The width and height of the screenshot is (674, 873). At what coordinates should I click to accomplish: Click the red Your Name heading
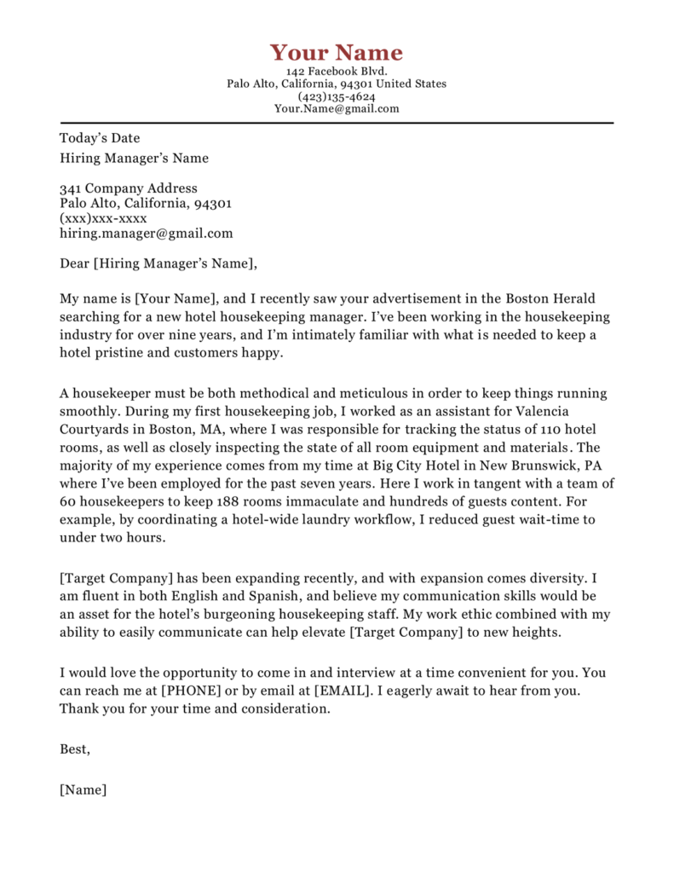pyautogui.click(x=337, y=52)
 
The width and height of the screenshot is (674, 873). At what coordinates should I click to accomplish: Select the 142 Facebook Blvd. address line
pyautogui.click(x=337, y=72)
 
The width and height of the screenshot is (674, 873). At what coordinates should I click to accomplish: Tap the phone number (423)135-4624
pyautogui.click(x=337, y=96)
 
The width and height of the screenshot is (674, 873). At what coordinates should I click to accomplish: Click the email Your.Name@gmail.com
pyautogui.click(x=337, y=109)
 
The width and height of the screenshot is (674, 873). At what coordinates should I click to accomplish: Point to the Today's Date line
pyautogui.click(x=100, y=138)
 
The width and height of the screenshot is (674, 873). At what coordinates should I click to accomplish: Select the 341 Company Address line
pyautogui.click(x=129, y=188)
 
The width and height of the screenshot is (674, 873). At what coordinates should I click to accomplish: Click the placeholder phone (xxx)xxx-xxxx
pyautogui.click(x=103, y=218)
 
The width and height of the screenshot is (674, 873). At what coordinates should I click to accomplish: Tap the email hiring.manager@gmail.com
pyautogui.click(x=146, y=233)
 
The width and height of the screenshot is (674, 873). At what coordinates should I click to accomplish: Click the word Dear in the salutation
pyautogui.click(x=74, y=263)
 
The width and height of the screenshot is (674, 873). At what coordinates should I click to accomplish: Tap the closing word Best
pyautogui.click(x=74, y=749)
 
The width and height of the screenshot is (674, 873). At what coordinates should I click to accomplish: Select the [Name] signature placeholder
pyautogui.click(x=83, y=789)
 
